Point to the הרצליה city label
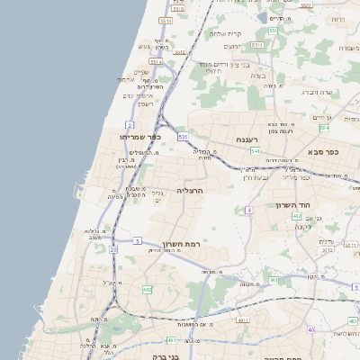(191, 191)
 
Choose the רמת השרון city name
(182, 243)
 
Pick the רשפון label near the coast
(131, 104)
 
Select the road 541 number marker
(256, 151)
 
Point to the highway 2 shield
(130, 124)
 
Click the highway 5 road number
(137, 239)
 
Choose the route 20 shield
(114, 249)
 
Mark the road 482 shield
(147, 290)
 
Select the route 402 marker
(297, 217)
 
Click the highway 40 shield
(310, 330)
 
